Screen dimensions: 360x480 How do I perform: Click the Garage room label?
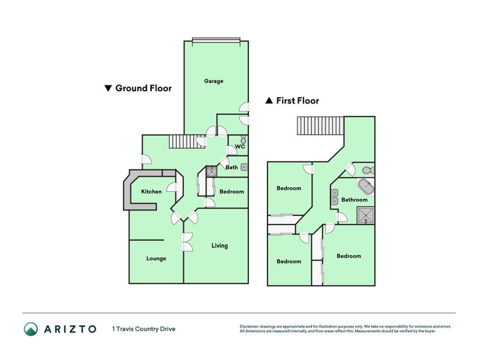click(x=214, y=81)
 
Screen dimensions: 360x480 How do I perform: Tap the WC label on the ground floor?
click(x=239, y=146)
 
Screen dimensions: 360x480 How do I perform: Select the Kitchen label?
click(x=151, y=191)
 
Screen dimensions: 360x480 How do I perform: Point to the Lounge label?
click(x=156, y=259)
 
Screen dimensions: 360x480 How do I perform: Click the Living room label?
click(x=220, y=245)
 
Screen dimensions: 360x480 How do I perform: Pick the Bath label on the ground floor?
click(x=232, y=167)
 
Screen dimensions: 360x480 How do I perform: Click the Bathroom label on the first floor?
click(x=354, y=199)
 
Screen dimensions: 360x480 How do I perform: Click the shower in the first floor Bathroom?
click(x=365, y=214)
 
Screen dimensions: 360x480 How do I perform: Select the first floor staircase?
click(x=320, y=127)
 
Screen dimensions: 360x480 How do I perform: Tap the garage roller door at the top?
click(x=216, y=41)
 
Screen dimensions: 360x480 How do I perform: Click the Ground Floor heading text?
click(x=143, y=88)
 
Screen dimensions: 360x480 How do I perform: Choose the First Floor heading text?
click(x=297, y=101)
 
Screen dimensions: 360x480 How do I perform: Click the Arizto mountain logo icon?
click(x=31, y=328)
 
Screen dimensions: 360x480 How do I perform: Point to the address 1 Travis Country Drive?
click(x=143, y=328)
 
